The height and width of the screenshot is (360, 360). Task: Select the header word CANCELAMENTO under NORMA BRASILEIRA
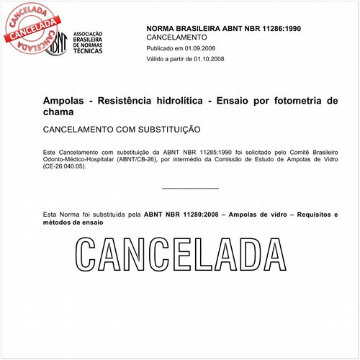click(x=176, y=36)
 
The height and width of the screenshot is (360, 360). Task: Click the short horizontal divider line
click(x=190, y=189)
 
